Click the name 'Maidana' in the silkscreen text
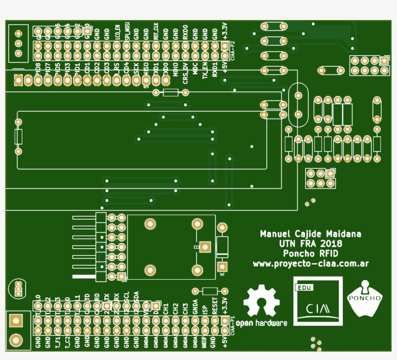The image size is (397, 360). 343,234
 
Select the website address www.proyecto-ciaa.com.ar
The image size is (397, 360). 311,264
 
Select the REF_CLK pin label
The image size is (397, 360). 156,30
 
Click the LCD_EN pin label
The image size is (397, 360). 117,31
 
